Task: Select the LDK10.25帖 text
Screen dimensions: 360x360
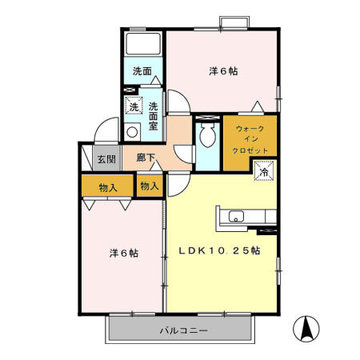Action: point(218,250)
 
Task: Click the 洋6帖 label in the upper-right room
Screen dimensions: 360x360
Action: point(224,70)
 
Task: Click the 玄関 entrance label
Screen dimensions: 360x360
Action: point(106,158)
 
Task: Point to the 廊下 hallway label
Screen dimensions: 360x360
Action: point(145,158)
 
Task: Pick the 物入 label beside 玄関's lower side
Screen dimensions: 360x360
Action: point(109,188)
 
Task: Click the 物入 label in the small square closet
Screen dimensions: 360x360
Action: point(149,186)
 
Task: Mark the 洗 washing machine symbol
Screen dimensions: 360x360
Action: point(134,106)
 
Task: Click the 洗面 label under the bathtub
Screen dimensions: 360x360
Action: point(142,70)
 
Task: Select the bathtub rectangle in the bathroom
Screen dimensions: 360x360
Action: point(145,45)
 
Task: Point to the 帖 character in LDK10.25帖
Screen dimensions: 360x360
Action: point(254,250)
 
